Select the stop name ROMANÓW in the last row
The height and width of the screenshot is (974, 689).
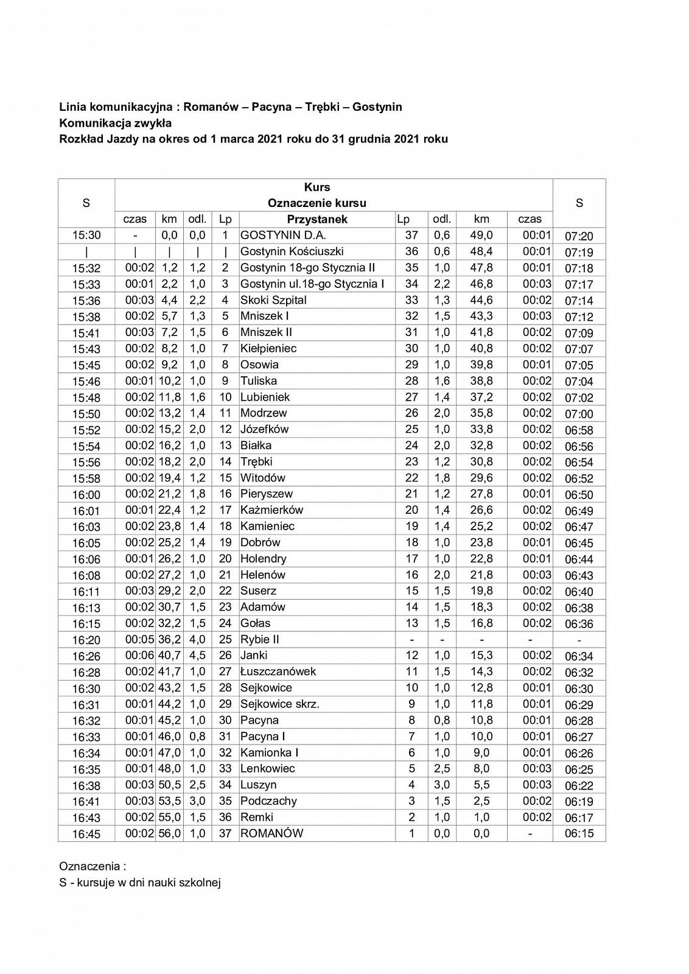pyautogui.click(x=271, y=833)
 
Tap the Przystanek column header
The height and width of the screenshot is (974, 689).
pyautogui.click(x=317, y=219)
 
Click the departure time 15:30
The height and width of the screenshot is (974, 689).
pyautogui.click(x=86, y=236)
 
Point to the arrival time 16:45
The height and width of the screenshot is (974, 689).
pyautogui.click(x=86, y=834)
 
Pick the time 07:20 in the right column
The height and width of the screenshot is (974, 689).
pyautogui.click(x=579, y=236)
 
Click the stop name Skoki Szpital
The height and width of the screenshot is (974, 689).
pyautogui.click(x=273, y=300)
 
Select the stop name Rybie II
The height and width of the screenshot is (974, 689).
pyautogui.click(x=260, y=639)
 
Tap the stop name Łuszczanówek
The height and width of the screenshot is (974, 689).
pyautogui.click(x=278, y=671)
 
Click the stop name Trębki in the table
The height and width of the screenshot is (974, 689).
pyautogui.click(x=256, y=461)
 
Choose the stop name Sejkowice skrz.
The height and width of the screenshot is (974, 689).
pyautogui.click(x=280, y=704)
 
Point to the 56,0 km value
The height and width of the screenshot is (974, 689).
pyautogui.click(x=169, y=833)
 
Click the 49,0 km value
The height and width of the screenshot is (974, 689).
pyautogui.click(x=481, y=236)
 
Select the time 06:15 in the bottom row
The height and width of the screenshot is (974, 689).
pyautogui.click(x=579, y=834)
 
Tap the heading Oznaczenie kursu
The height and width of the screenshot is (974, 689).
pyautogui.click(x=317, y=203)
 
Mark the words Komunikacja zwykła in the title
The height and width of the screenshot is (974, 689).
pyautogui.click(x=116, y=123)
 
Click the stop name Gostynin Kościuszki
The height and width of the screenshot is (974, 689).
pyautogui.click(x=292, y=251)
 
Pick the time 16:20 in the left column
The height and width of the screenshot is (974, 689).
pyautogui.click(x=86, y=640)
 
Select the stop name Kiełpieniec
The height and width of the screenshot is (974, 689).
pyautogui.click(x=268, y=348)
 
